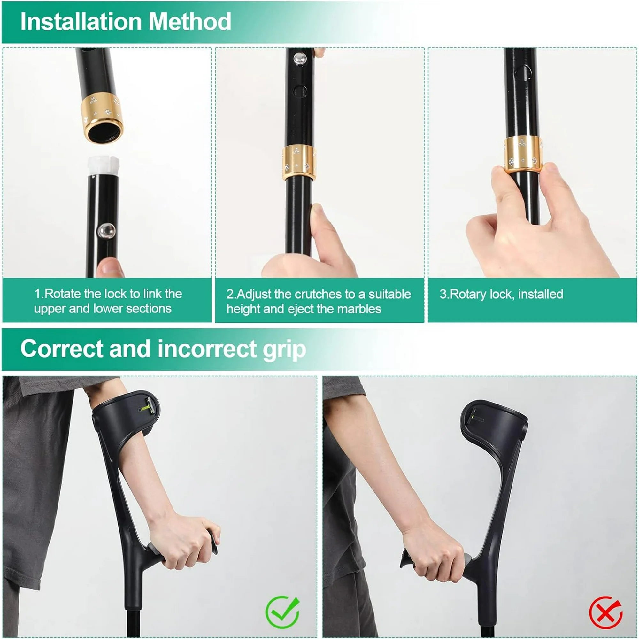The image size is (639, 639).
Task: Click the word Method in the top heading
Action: click(190, 22)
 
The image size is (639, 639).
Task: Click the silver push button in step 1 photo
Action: click(106, 231)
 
